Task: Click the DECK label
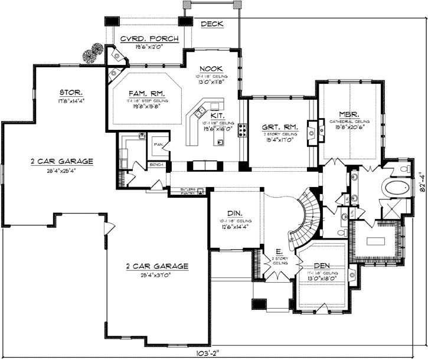click(x=211, y=24)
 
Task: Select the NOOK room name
click(x=210, y=68)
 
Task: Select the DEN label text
click(x=322, y=266)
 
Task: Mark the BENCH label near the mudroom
click(x=156, y=165)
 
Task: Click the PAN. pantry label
click(x=158, y=143)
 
